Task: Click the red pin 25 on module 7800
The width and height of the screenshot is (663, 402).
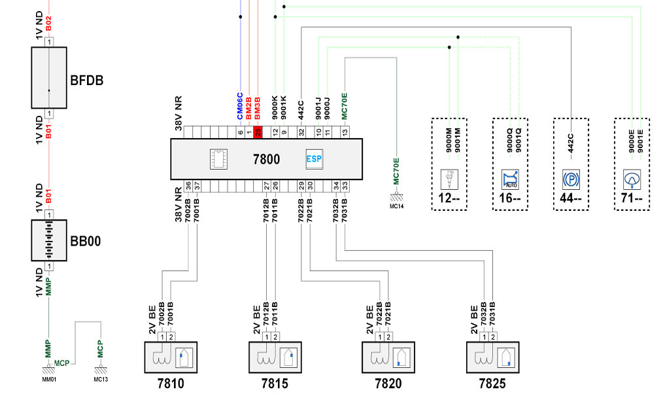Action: (258, 132)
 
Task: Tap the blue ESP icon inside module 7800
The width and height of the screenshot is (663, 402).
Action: (314, 159)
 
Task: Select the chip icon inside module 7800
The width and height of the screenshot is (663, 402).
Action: (218, 159)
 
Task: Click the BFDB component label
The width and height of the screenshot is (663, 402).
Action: (87, 81)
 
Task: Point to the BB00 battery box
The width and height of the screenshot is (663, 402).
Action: (49, 240)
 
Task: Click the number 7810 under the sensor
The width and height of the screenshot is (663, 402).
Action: (171, 384)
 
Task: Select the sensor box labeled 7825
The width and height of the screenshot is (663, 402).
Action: (492, 357)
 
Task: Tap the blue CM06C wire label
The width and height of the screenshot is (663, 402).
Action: (240, 106)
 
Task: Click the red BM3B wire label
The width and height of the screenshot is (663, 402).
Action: (258, 109)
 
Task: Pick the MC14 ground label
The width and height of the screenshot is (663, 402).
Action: (397, 206)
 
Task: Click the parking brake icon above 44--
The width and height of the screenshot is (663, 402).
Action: (571, 179)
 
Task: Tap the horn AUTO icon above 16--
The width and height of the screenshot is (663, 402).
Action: (510, 179)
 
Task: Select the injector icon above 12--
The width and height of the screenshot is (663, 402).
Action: (449, 179)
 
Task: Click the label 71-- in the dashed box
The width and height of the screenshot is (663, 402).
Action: (632, 198)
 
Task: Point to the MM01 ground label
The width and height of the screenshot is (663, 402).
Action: (49, 380)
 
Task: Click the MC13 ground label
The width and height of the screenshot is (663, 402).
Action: (101, 380)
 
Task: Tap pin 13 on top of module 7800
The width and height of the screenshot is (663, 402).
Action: (345, 132)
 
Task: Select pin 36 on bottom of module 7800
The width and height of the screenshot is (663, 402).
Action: (188, 185)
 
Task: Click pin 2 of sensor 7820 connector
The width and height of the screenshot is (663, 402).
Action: (388, 337)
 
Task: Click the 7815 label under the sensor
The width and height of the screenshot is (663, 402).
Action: (275, 384)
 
